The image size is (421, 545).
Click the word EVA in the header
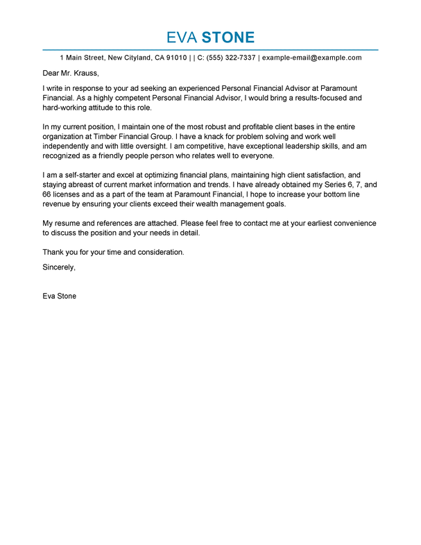point(182,37)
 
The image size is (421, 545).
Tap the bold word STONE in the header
point(230,37)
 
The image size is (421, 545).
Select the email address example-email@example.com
point(312,58)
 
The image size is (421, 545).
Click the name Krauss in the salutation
point(85,73)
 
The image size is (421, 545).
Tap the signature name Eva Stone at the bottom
point(60,296)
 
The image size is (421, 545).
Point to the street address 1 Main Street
point(83,58)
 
